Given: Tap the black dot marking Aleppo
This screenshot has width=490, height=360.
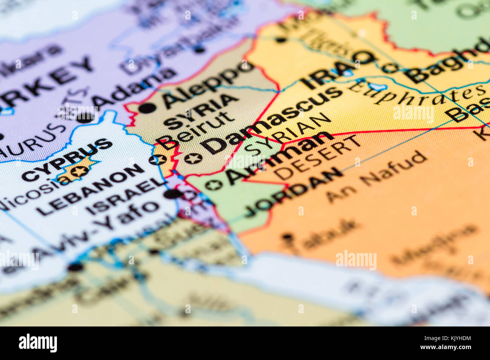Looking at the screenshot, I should pos(147,108).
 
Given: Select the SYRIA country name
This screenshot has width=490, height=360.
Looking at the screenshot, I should pos(202,112).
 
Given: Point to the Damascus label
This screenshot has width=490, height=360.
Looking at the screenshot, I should pos(271,121).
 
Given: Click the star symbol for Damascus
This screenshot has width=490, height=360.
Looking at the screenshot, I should pos(194,158).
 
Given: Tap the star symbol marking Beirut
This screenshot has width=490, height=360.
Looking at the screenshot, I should pos(158,160).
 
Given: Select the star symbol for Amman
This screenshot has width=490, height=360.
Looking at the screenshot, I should pos(213,185).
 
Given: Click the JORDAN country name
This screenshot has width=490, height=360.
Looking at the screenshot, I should pos(292,192).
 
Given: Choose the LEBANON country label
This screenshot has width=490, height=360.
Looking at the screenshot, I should pos(91,190).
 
